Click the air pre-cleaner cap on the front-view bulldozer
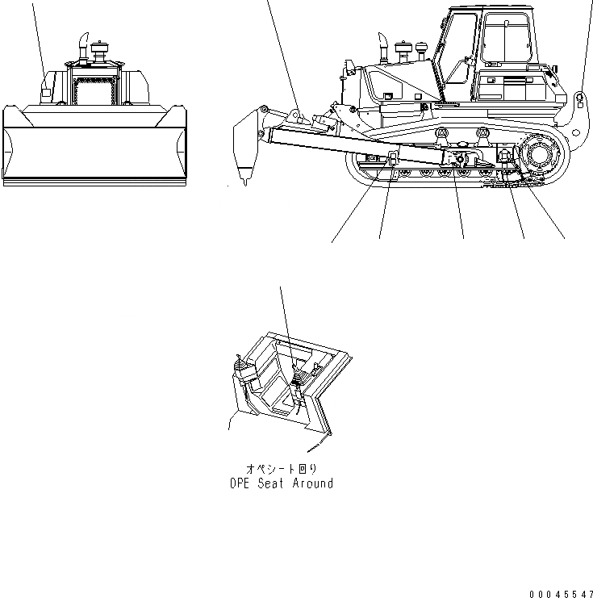click(x=102, y=52)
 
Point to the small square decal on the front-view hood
click(x=45, y=94)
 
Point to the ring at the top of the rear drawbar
click(x=580, y=98)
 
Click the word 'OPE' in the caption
click(x=240, y=483)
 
